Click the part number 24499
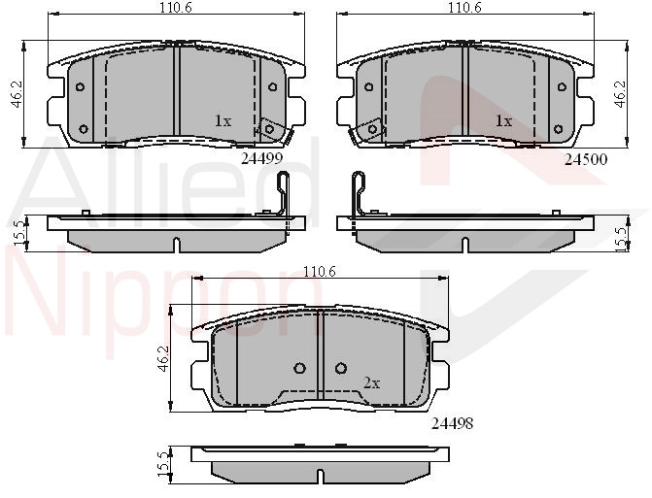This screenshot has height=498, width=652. pos(262,158)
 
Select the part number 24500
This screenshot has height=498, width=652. pos(586,159)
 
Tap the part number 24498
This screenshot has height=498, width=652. pos(453,423)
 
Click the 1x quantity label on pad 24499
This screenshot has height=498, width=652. pos(223,121)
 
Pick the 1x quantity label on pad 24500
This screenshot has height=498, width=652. pos(503,121)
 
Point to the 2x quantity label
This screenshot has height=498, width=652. pos(372,382)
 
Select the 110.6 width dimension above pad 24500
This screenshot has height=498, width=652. pos(464,7)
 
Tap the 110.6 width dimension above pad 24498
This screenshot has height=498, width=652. pos(320,271)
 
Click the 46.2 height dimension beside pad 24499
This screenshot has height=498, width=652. pos(17,94)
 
